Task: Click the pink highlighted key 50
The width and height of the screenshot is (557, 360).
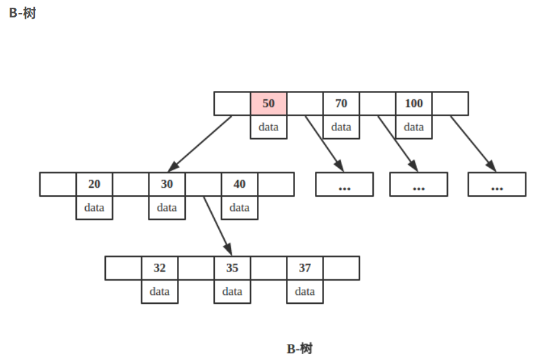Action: tap(268, 103)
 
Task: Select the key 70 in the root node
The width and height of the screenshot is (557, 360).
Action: tap(341, 103)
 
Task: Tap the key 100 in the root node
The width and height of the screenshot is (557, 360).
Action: tap(414, 103)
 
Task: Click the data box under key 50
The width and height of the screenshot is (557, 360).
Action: tap(268, 127)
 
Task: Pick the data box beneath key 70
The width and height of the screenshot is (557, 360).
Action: tap(341, 127)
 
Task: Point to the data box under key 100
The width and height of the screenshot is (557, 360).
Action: tap(414, 127)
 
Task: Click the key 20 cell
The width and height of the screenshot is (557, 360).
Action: tap(94, 184)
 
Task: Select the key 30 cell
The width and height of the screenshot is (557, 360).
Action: tap(167, 184)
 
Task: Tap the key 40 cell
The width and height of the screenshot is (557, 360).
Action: tap(239, 184)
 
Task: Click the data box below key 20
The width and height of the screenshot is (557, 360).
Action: tap(94, 208)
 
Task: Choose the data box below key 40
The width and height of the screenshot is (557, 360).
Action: tap(239, 208)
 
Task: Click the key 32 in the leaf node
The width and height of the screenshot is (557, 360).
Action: tap(159, 268)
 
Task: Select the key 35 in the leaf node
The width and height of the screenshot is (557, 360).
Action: tap(232, 268)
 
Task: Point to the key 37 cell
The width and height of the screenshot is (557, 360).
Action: tap(305, 268)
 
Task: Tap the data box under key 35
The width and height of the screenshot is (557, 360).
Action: tap(232, 292)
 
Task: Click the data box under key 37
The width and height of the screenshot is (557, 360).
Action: tap(305, 292)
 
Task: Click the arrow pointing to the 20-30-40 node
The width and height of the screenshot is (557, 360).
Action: tap(200, 144)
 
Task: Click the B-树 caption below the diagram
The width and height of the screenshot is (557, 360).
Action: tap(299, 349)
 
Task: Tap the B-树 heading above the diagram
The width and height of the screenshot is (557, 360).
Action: tap(22, 13)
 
